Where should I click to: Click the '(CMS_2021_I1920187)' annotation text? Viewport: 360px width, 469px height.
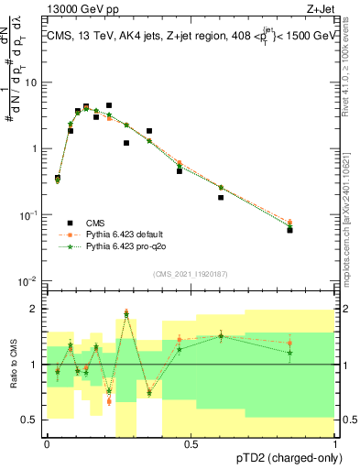pyautogui.click(x=191, y=274)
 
